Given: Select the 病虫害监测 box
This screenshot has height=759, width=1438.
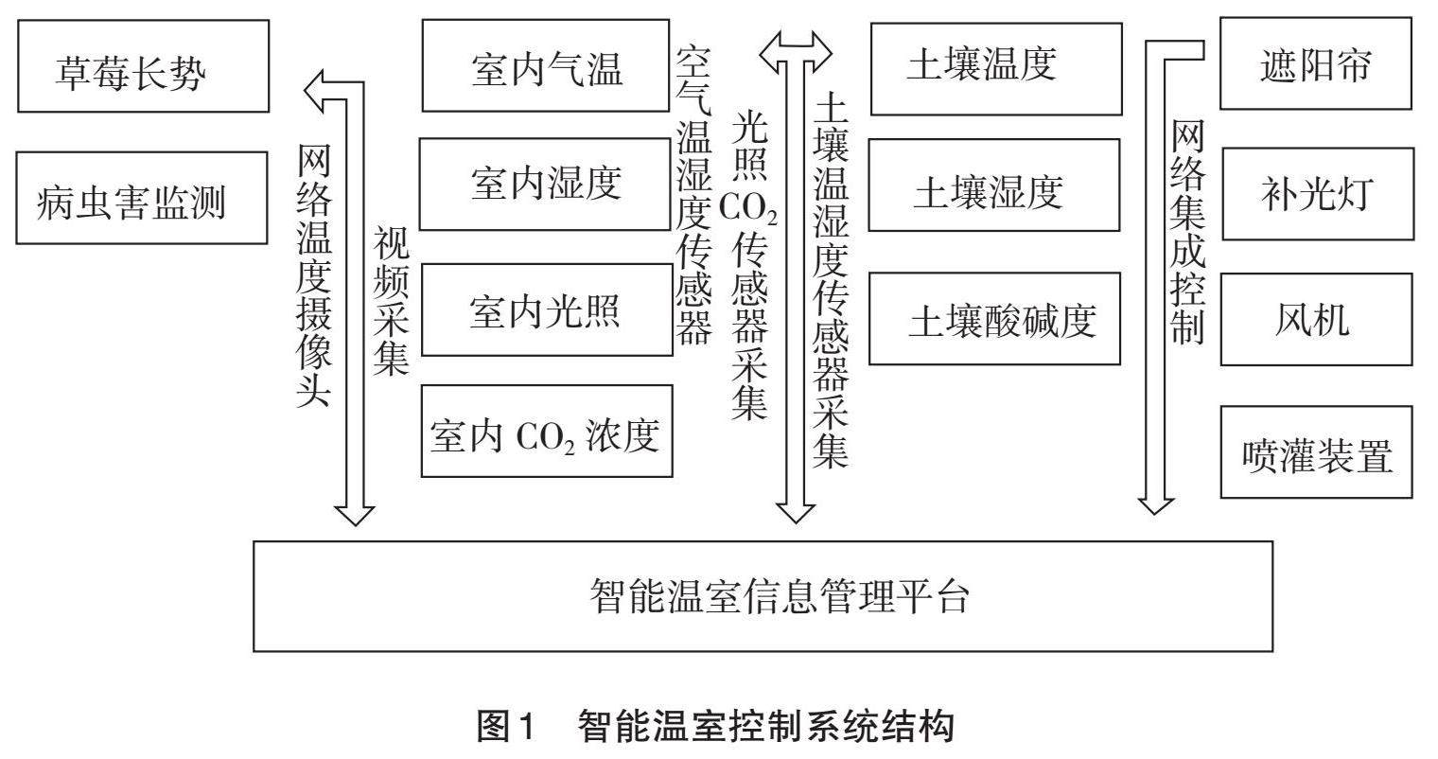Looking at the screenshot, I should click(143, 199).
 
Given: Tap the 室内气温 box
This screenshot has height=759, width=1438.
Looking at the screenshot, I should click(546, 66).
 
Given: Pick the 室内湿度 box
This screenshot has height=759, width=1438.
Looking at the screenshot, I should click(546, 184).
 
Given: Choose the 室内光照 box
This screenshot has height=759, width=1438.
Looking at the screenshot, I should click(546, 309).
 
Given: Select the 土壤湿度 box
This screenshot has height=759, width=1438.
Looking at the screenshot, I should click(992, 185).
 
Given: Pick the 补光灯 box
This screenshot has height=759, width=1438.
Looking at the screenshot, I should click(1316, 193).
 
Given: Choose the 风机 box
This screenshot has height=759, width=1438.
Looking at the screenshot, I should click(1316, 319).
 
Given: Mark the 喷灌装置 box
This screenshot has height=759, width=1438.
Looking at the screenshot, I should click(1316, 452).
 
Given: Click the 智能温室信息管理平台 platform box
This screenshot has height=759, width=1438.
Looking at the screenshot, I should click(763, 596).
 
